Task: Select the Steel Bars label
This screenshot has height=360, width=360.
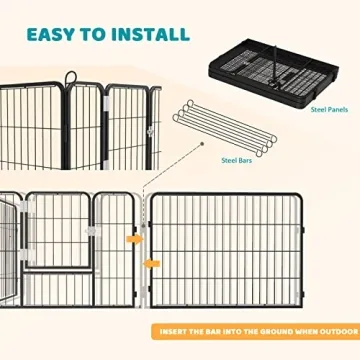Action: [x=237, y=158]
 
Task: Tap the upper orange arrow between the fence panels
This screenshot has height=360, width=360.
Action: [x=135, y=241]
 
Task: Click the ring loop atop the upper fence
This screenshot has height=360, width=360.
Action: [x=70, y=77]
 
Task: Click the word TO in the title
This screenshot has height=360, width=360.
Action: [x=98, y=33]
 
